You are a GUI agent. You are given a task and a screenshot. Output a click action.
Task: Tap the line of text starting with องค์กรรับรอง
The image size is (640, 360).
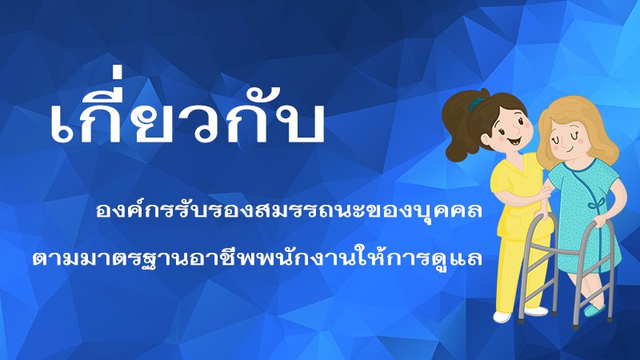(x=289, y=210)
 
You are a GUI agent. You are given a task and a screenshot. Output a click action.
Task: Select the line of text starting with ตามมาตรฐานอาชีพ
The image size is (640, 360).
(x=257, y=258)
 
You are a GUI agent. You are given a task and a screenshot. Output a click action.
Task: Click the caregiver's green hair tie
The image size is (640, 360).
(x=475, y=105)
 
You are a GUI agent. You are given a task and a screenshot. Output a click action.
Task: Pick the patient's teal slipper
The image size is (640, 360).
(x=594, y=310)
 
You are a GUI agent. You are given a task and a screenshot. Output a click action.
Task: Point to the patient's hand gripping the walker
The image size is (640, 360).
(x=600, y=222)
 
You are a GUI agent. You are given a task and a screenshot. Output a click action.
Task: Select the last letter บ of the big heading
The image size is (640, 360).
(x=304, y=122)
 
